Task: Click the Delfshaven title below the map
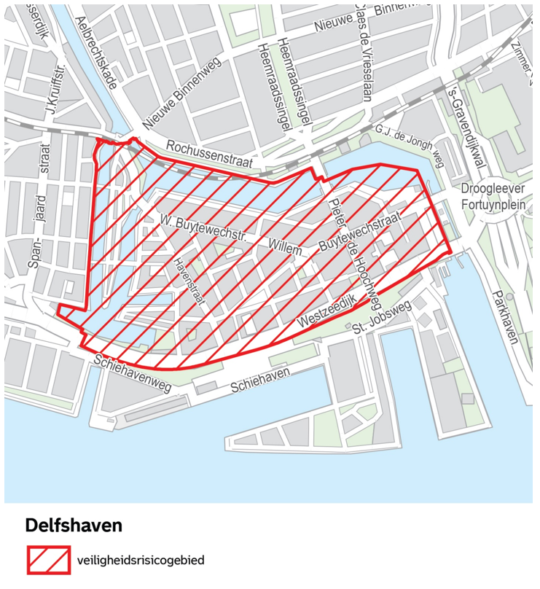[74, 525]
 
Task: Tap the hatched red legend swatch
[49, 560]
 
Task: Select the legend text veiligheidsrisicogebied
[140, 561]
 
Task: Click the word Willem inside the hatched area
[286, 247]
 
